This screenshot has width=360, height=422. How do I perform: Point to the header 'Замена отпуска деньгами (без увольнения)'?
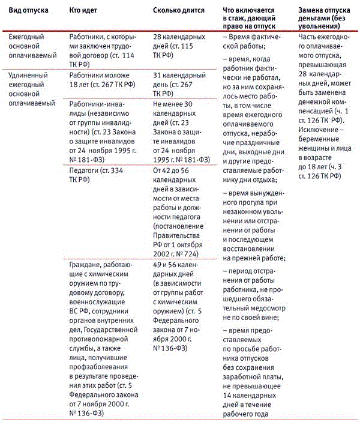323,19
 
